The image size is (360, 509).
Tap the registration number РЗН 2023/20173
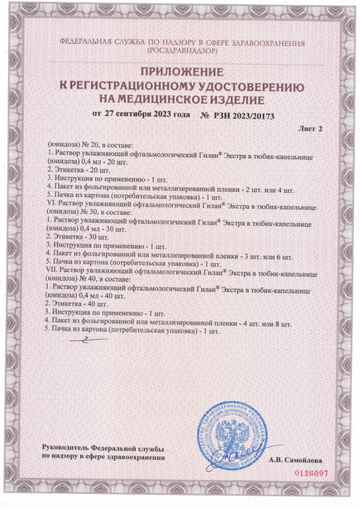point(246,115)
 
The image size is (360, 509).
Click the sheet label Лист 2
point(311,129)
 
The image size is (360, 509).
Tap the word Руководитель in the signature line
point(66,448)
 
